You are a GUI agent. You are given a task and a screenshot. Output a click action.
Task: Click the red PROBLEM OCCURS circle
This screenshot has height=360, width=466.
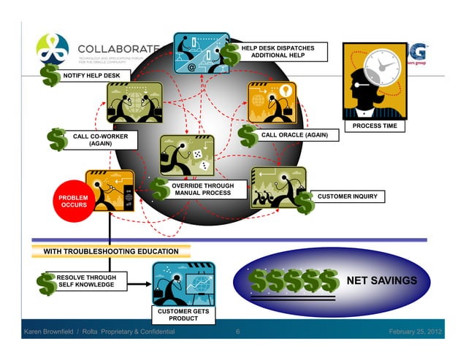[x=74, y=202]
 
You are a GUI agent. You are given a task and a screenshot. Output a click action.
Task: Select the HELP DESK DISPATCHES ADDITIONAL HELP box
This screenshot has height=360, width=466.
[x=283, y=52]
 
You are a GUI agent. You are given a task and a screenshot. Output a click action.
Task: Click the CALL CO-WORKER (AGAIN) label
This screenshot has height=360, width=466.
[x=102, y=140]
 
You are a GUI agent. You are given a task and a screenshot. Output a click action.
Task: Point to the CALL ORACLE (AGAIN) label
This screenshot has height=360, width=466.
[x=294, y=136]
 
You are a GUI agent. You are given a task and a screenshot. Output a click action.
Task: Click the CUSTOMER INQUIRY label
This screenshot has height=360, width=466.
[x=347, y=196]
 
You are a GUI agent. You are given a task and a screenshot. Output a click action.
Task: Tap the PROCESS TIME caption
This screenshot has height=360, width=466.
[x=375, y=126]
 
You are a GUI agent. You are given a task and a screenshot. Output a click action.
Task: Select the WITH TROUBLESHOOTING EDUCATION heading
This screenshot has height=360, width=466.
[x=111, y=251]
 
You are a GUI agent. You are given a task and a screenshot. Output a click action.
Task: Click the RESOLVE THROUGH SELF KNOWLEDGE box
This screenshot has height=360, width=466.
[x=86, y=281]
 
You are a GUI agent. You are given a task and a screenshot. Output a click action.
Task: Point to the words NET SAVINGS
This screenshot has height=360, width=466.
[x=386, y=281]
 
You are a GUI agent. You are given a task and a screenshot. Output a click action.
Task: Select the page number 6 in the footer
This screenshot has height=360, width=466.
[x=238, y=332]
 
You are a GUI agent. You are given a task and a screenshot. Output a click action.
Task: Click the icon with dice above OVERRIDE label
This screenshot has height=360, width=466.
[x=186, y=154]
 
